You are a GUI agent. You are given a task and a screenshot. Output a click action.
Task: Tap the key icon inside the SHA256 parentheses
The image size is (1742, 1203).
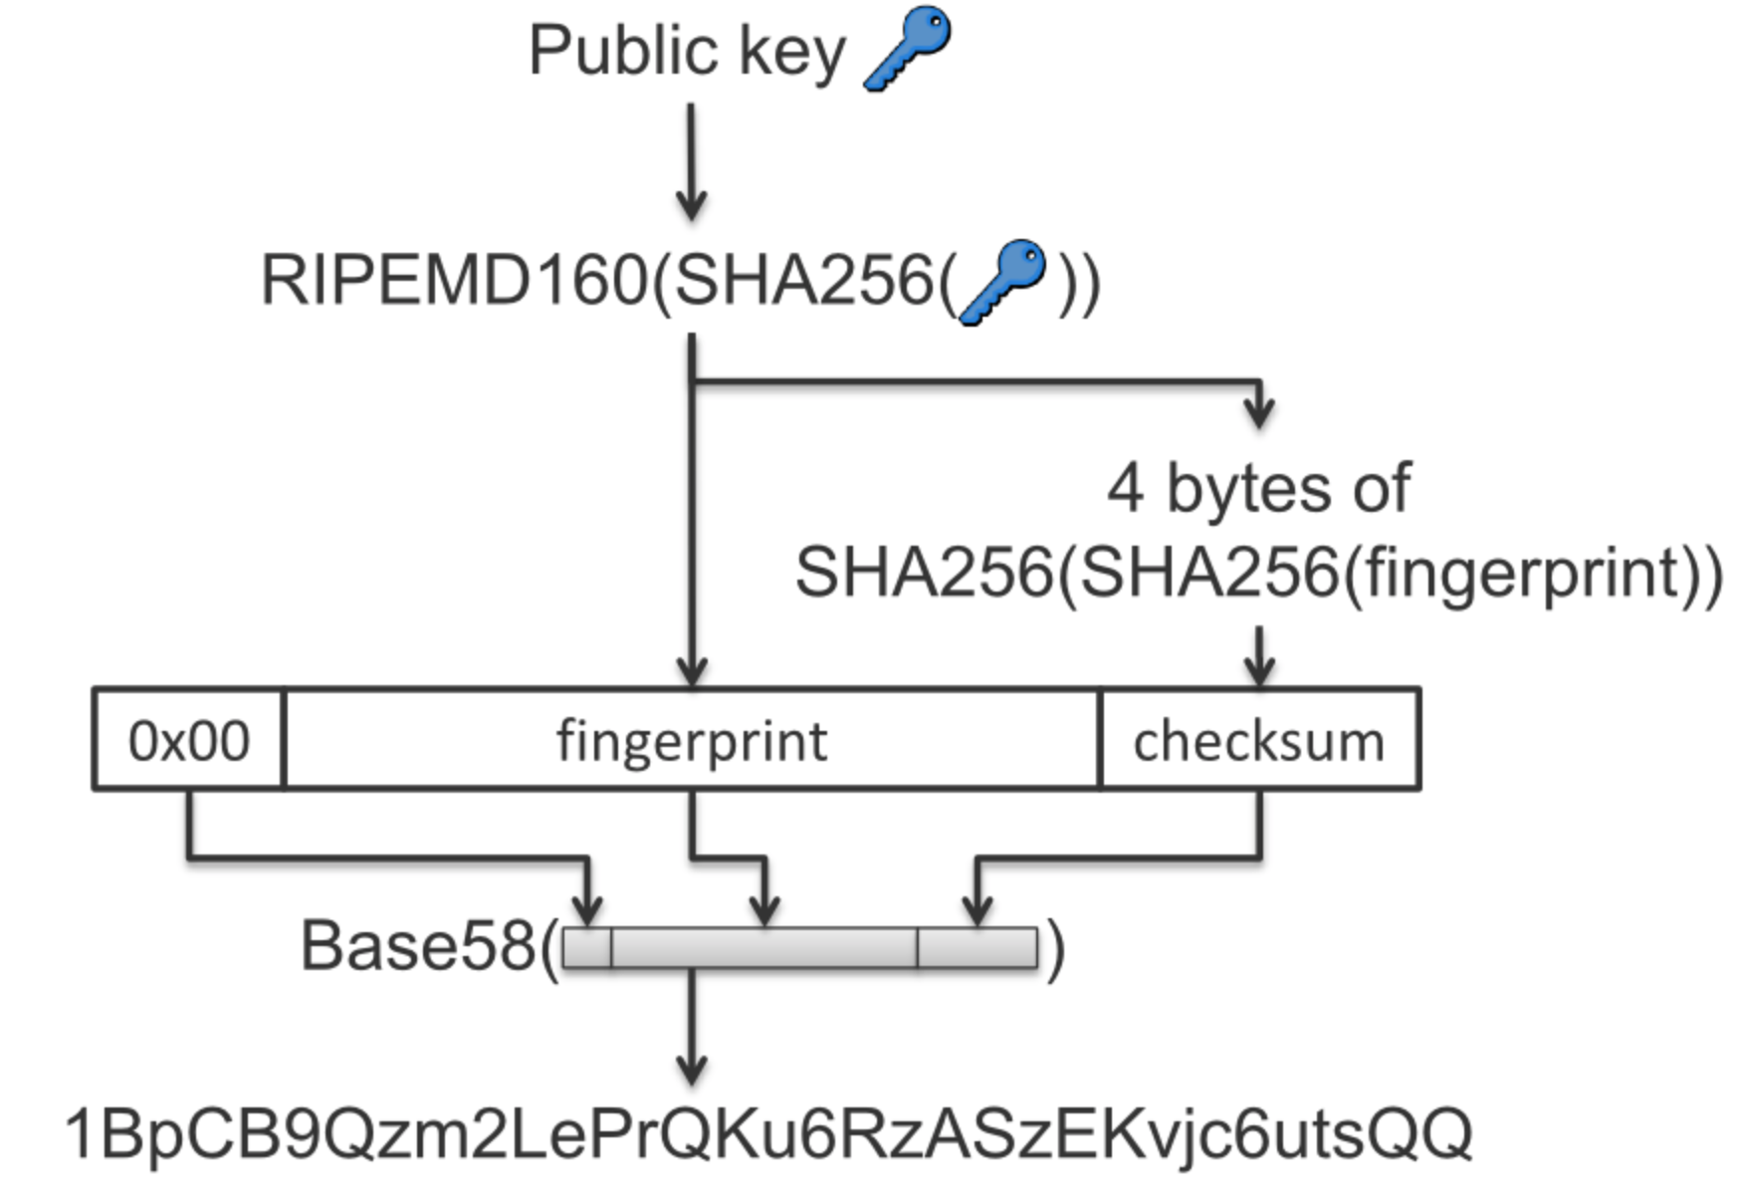1002,281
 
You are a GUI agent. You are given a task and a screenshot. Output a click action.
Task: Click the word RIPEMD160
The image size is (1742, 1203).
454,281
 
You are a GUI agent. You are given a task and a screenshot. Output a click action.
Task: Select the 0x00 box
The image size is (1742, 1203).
188,740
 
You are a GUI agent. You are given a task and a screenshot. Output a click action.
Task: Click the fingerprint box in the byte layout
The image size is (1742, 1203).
692,740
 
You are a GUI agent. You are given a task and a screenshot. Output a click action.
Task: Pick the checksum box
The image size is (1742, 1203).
1259,740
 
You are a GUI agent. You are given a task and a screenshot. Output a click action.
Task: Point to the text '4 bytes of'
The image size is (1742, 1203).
1258,488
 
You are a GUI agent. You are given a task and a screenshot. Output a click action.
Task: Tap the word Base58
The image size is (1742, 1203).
417,945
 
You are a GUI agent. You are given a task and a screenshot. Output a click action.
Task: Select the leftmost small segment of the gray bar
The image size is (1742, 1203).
587,947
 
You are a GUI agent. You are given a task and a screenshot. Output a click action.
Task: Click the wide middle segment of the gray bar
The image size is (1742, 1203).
764,947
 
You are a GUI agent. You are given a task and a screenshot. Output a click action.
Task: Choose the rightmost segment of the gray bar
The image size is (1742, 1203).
978,947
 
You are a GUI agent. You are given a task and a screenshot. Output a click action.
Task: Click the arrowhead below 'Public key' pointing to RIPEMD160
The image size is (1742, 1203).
691,207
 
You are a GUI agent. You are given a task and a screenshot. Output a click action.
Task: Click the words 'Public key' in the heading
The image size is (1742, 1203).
687,50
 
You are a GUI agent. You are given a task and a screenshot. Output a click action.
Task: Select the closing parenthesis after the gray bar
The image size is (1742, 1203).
1055,947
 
